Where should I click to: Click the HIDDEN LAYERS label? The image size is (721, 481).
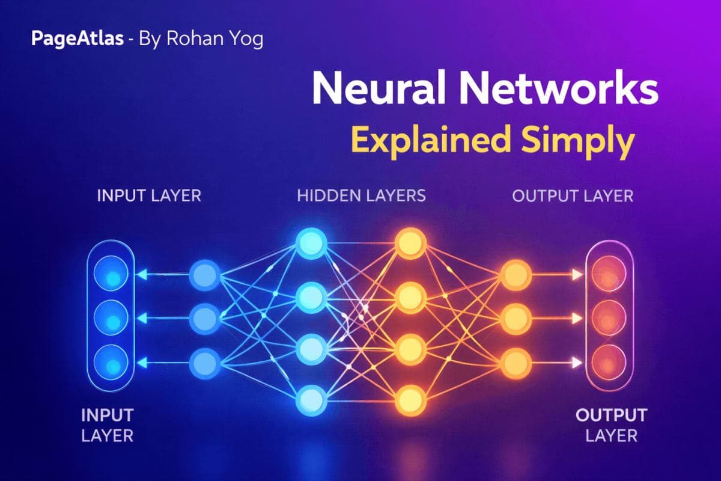point(361,195)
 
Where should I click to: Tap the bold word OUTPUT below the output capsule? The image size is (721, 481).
point(611,415)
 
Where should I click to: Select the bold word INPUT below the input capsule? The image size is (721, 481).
point(107,415)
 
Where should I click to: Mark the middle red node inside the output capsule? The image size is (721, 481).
point(609,319)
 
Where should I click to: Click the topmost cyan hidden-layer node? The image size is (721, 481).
point(310,244)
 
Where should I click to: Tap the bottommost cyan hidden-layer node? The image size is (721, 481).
point(310,399)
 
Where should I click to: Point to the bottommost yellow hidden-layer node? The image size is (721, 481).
point(411,399)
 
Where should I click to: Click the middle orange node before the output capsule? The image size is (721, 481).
point(516,319)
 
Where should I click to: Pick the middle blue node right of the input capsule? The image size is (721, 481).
point(205,319)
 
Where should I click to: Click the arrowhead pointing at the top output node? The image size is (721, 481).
point(577,275)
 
